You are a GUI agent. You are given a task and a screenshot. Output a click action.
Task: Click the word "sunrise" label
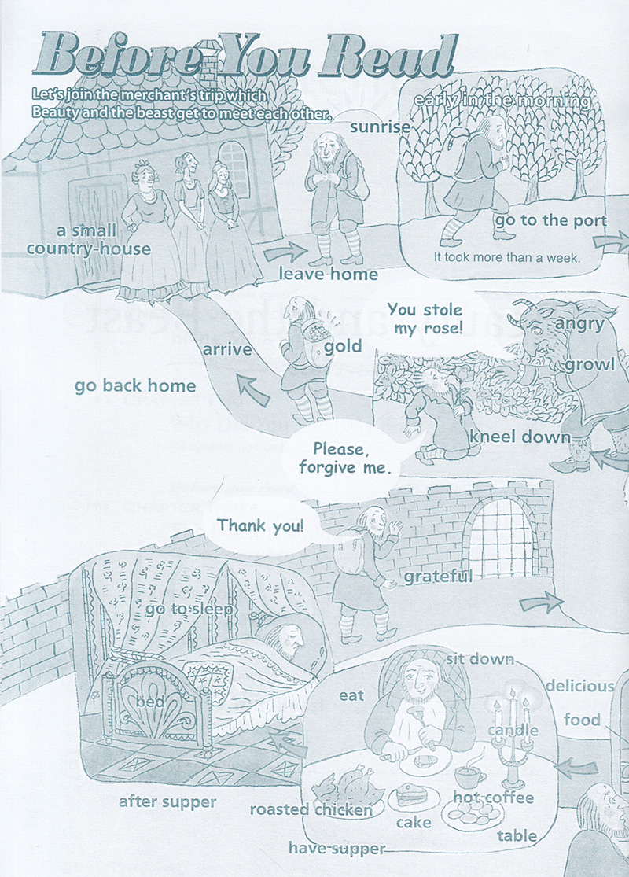[x=381, y=127]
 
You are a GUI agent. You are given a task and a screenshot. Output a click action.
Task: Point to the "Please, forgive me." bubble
[x=342, y=459]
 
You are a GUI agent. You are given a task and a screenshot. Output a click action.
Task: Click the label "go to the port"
[x=550, y=220]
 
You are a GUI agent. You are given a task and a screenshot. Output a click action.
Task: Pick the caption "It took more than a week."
[x=507, y=257]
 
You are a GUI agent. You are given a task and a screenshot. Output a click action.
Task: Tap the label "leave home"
[x=328, y=274]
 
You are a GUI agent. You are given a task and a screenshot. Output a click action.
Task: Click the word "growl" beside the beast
[x=590, y=365]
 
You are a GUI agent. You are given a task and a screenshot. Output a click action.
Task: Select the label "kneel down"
[x=520, y=437]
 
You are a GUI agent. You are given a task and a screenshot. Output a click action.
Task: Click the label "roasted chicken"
[x=311, y=809]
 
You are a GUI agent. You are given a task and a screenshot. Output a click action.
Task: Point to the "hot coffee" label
[x=493, y=797]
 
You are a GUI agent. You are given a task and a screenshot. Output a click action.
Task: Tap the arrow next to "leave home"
[x=285, y=252]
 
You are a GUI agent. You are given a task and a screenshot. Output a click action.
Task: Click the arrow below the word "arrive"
[x=252, y=389]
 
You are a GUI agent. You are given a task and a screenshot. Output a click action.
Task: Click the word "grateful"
[x=438, y=577]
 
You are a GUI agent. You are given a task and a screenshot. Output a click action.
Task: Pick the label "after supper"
[x=167, y=802]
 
